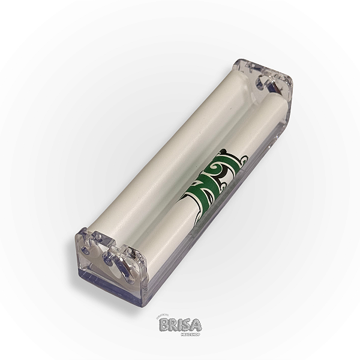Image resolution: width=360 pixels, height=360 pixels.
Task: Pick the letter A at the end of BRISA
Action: pos(194,325)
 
